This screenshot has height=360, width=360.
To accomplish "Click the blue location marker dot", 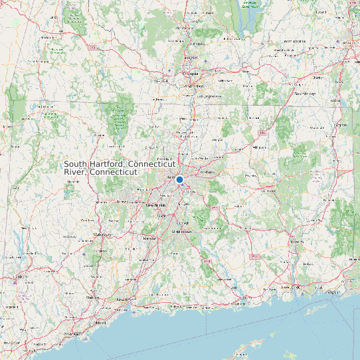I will tap(179, 179).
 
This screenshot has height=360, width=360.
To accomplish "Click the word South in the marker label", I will tap(75, 164).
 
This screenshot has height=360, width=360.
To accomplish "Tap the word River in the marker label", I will tap(75, 172).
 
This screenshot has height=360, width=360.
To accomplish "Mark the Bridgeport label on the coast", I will tap(71, 334).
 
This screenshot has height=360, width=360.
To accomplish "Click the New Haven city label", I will tap(125, 300).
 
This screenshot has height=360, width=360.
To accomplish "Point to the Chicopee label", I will tap(191, 74).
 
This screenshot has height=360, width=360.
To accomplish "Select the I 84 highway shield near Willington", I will tap(263, 133).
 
